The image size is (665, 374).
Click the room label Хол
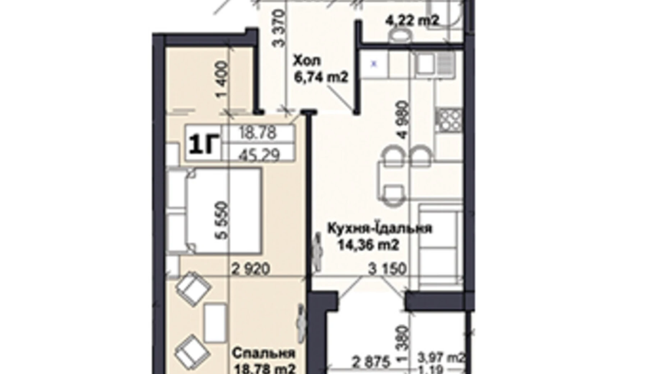307,61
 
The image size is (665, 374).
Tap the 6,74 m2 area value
321,77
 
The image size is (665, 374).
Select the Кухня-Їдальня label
379,228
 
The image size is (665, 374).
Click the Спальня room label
263,353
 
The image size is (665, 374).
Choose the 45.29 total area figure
259,155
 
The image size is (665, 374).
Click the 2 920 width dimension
250,269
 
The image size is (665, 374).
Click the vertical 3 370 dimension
279,29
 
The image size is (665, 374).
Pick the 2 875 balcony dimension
370,362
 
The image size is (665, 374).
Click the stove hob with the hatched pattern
448,119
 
